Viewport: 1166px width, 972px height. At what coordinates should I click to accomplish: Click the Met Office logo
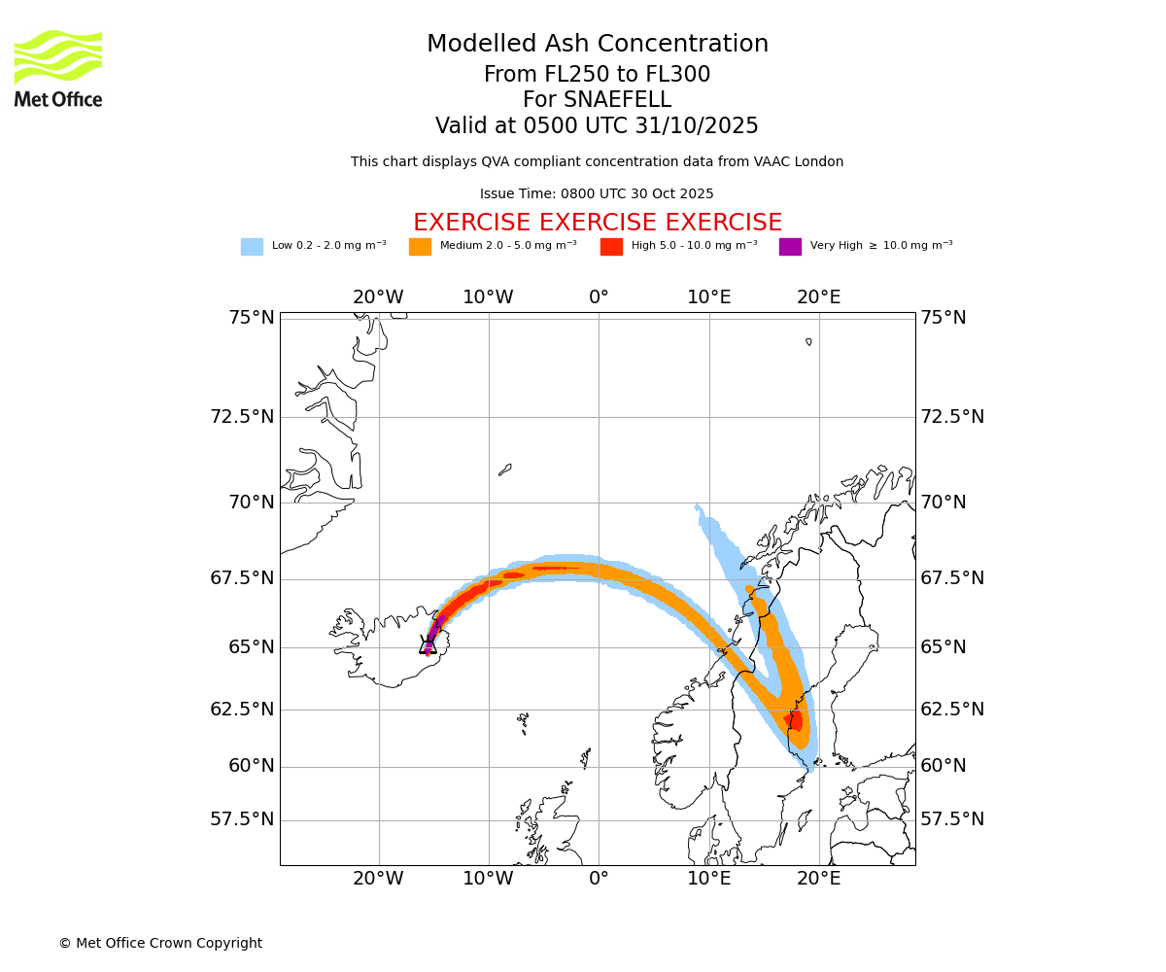pyautogui.click(x=58, y=68)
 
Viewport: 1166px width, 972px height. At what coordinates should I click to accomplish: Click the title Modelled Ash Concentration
pyautogui.click(x=597, y=45)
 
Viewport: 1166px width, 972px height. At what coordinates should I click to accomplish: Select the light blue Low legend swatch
pyautogui.click(x=252, y=247)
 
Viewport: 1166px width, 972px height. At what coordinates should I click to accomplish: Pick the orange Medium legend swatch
pyautogui.click(x=420, y=247)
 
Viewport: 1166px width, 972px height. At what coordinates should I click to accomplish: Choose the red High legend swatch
pyautogui.click(x=611, y=247)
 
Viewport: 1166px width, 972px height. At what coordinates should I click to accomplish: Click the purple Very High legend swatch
pyautogui.click(x=790, y=247)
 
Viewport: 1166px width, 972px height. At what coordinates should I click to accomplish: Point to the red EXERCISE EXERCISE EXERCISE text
pyautogui.click(x=597, y=223)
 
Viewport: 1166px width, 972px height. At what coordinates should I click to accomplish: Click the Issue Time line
pyautogui.click(x=597, y=194)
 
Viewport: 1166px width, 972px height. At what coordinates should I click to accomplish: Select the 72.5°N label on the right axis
pyautogui.click(x=952, y=417)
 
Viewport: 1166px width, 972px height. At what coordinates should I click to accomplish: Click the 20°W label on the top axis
pyautogui.click(x=378, y=297)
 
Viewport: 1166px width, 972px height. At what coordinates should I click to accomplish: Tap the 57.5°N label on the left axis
pyautogui.click(x=242, y=819)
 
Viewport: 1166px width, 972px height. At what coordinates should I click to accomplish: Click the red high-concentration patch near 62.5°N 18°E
pyautogui.click(x=795, y=720)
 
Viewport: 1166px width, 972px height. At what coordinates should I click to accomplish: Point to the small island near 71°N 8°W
pyautogui.click(x=504, y=469)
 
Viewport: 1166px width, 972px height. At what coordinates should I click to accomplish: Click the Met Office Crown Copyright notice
pyautogui.click(x=160, y=944)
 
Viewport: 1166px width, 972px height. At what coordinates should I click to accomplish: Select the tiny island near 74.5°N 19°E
pyautogui.click(x=808, y=341)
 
